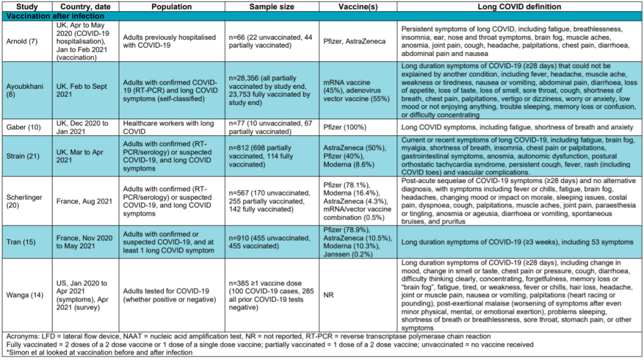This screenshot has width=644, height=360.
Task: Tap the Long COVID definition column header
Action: click(x=519, y=7)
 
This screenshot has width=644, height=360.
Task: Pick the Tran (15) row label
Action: click(x=18, y=242)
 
